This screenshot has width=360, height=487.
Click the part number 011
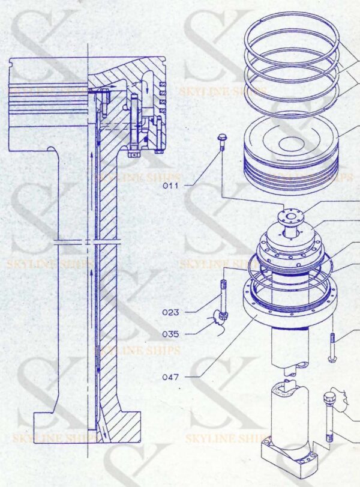coord(172,186)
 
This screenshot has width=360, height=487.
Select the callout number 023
coord(172,312)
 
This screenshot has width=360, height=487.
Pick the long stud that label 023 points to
coord(224,297)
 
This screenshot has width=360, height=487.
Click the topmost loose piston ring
coord(292,37)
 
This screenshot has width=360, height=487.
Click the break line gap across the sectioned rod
coord(90,243)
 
